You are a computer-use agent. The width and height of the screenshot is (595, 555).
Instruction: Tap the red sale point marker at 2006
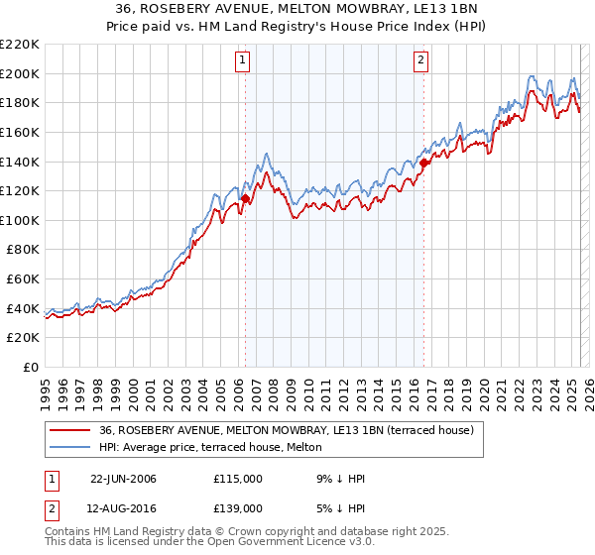pos(245,198)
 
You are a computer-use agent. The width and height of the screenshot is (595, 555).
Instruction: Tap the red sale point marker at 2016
pos(424,163)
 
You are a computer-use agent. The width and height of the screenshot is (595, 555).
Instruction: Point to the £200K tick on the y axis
pos(20,73)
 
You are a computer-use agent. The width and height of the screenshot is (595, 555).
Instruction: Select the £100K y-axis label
pos(20,220)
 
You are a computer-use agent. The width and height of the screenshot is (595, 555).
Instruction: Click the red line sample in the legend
pos(69,430)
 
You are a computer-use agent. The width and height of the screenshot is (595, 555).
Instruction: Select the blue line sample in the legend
pos(69,447)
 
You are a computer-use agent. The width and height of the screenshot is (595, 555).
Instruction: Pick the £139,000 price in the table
pos(237,508)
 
